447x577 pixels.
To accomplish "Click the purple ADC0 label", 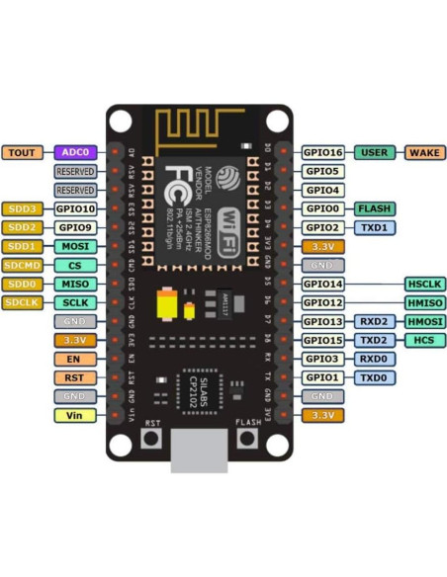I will coord(75,152).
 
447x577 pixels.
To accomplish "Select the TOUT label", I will coord(21,152).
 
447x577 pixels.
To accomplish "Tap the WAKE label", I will coord(425,152).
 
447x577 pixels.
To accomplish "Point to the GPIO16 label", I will coord(322,152).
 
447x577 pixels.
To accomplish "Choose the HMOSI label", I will coord(425,321).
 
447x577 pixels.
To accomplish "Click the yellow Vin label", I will coord(75,415).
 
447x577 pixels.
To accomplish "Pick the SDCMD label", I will coord(21,265).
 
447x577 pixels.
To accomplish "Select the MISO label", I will coord(75,284).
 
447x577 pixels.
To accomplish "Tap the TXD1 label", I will coord(374,227).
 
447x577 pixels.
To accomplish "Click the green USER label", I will coord(374,152).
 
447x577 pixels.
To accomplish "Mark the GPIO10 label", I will coord(75,208).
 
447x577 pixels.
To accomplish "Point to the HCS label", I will coord(425,340).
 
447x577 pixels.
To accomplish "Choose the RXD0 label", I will coord(374,359).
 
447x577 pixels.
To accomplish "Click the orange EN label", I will coord(75,359).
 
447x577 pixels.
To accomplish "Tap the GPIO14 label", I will coord(322,284).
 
